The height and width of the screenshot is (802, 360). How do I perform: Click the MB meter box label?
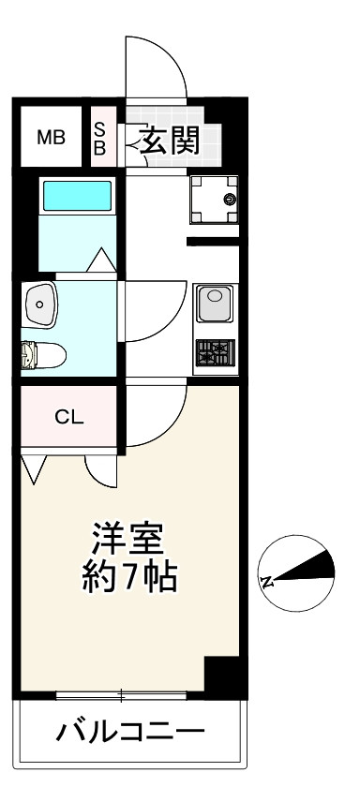tap(51, 139)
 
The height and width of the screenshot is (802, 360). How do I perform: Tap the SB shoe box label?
tap(100, 139)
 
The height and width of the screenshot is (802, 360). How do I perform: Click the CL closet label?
tap(68, 417)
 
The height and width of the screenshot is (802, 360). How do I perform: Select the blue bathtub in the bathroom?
tap(76, 197)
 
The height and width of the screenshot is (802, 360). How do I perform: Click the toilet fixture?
tap(42, 355)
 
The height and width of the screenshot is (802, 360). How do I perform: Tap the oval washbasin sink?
tap(39, 301)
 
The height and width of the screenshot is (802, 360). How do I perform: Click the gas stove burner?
tap(215, 353)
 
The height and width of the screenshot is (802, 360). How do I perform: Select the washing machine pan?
tap(213, 199)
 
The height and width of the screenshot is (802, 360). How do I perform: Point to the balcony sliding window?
tap(122, 695)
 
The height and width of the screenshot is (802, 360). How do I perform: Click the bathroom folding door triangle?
tap(101, 259)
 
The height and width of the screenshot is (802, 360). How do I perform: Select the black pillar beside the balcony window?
tap(222, 676)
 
